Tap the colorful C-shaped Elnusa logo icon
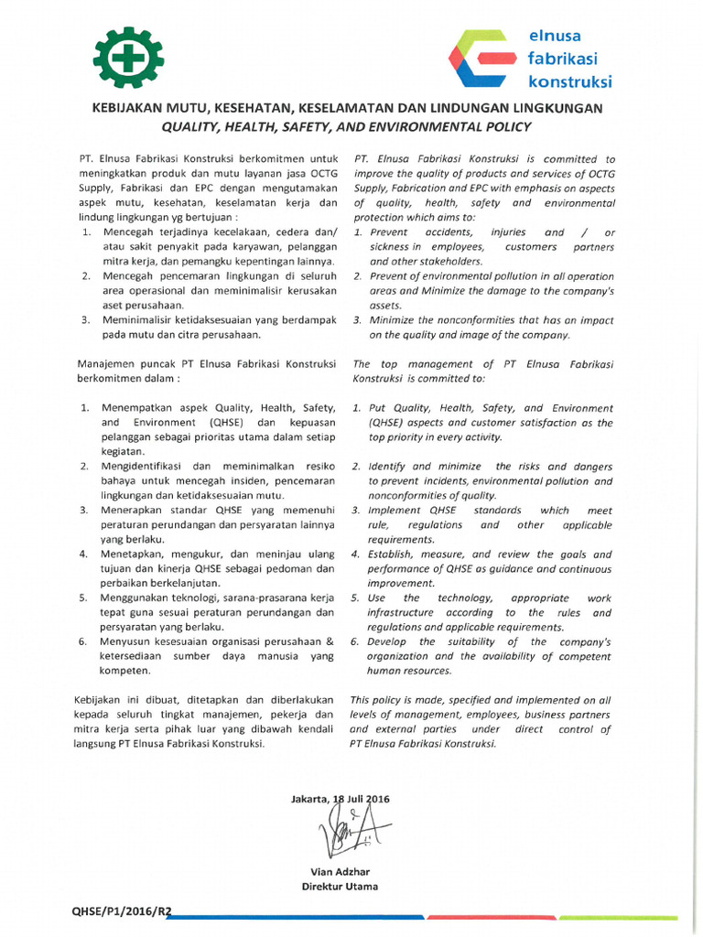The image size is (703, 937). pyautogui.click(x=479, y=59)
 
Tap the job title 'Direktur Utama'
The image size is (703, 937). pyautogui.click(x=340, y=886)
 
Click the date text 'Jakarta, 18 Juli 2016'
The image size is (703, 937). pyautogui.click(x=340, y=799)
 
